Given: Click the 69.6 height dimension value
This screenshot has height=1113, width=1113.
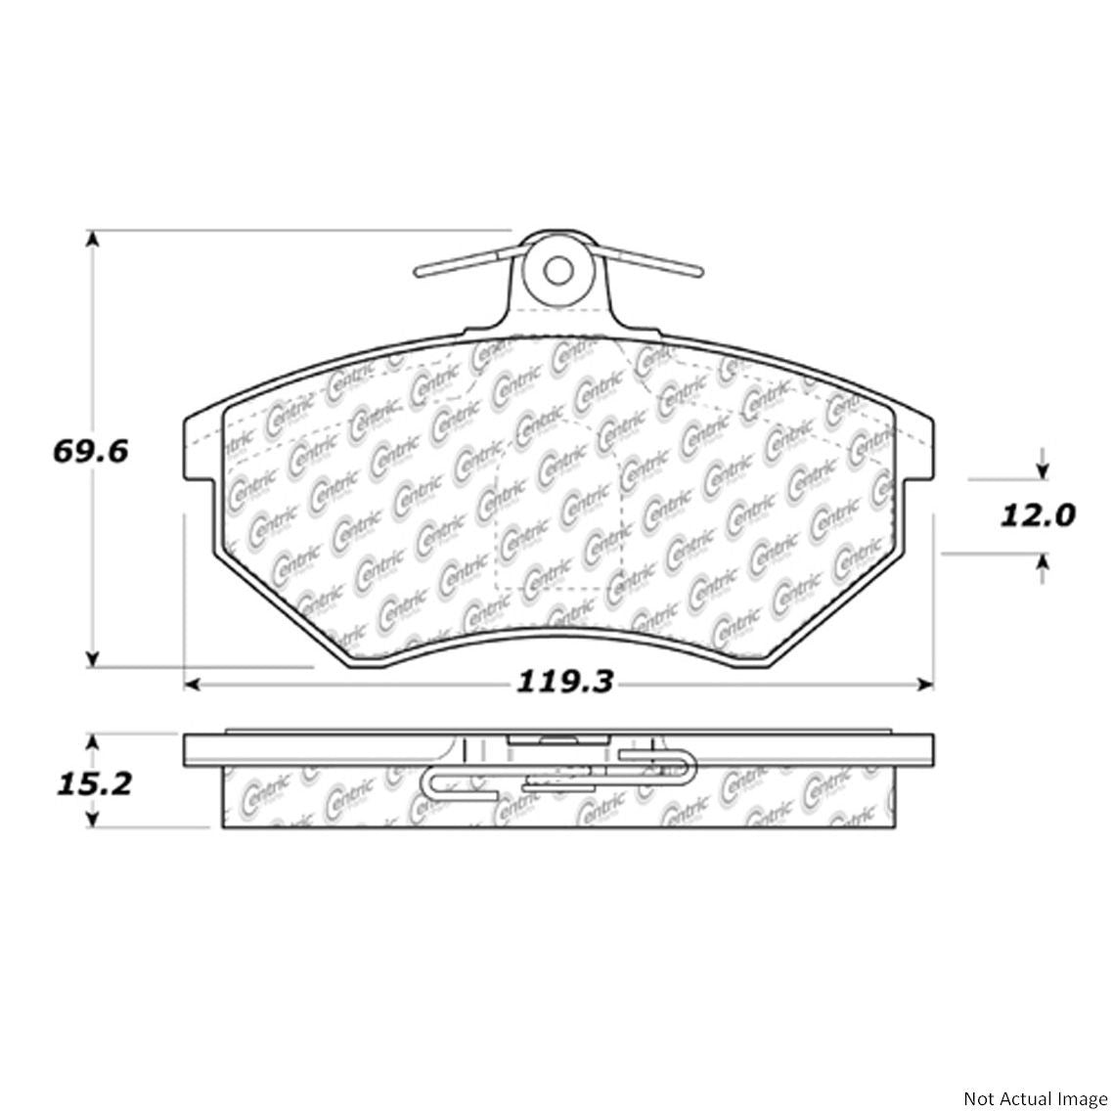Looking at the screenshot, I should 89,453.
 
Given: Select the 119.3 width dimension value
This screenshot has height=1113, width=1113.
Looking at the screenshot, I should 564,681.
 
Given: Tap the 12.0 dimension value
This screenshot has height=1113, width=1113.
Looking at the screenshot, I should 1036,514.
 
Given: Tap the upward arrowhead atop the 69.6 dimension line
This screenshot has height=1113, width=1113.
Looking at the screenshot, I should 92,241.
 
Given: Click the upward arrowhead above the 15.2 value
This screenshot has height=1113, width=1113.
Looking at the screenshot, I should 93,744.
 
